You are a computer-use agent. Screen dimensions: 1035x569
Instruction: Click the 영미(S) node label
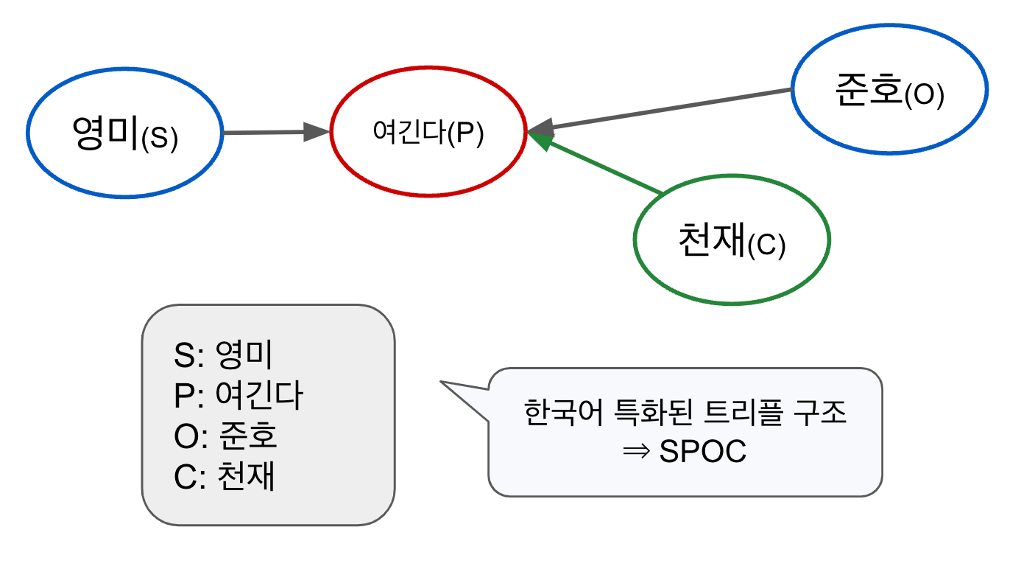tap(125, 133)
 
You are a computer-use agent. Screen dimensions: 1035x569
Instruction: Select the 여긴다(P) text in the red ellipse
tap(428, 133)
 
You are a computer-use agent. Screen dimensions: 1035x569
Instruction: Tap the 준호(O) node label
tap(890, 91)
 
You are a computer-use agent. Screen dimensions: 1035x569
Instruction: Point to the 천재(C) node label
tap(732, 240)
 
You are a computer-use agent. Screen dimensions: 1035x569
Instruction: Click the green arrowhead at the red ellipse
tap(540, 140)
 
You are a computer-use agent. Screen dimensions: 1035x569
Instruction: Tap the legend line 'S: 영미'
tap(223, 355)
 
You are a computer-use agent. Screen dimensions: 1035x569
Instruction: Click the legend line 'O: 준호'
tap(225, 436)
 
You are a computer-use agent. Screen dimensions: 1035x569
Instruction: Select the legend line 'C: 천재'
tap(225, 476)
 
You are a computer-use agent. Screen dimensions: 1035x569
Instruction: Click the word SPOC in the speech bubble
tap(703, 451)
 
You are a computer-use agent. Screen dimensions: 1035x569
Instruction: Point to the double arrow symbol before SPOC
tap(636, 452)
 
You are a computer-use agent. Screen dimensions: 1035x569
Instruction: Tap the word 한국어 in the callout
tap(563, 412)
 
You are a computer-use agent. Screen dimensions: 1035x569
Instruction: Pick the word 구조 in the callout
tap(820, 412)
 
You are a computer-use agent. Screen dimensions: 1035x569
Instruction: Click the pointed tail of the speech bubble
tap(441, 382)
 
